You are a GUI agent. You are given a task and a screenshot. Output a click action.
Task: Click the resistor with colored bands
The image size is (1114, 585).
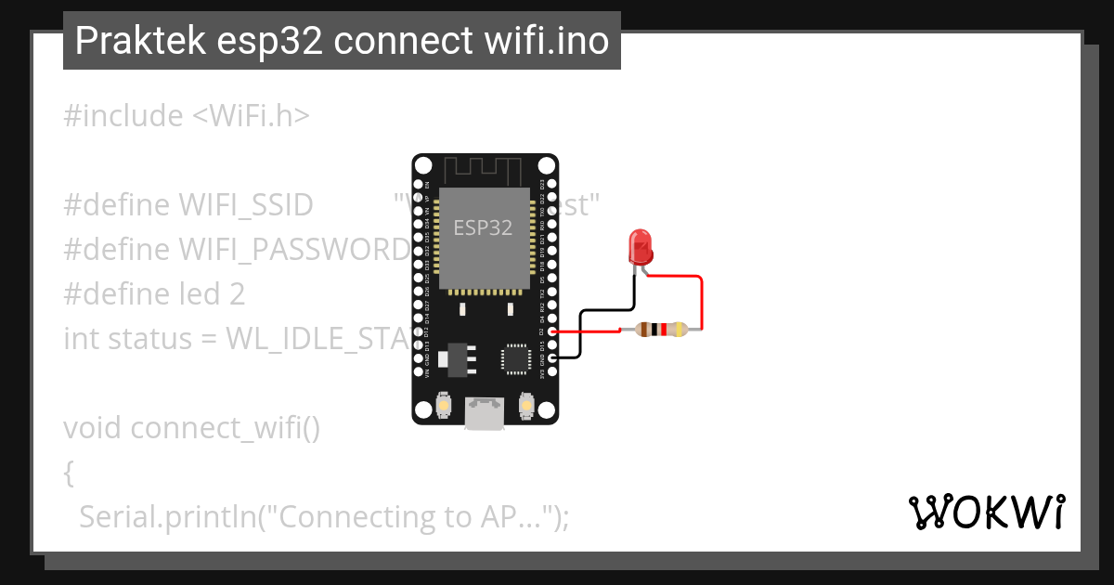tap(660, 329)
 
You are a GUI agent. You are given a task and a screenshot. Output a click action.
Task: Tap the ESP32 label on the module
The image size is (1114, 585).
tap(483, 227)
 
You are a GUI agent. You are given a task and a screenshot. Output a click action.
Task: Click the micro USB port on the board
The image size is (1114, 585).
tap(485, 413)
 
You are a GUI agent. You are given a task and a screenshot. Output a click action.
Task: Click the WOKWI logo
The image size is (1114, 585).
tap(986, 512)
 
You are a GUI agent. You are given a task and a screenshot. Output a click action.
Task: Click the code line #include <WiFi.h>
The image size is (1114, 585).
tap(187, 116)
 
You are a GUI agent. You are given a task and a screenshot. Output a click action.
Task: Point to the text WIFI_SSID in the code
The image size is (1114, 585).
tap(245, 205)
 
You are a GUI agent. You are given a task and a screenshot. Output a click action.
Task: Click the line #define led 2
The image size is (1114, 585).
tap(154, 294)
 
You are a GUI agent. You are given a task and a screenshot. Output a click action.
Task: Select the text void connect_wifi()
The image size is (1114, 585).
tap(191, 428)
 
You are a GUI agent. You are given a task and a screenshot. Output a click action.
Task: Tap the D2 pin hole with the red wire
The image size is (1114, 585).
tap(552, 331)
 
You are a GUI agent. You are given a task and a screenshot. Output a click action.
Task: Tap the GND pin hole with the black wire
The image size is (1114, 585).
tap(552, 357)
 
